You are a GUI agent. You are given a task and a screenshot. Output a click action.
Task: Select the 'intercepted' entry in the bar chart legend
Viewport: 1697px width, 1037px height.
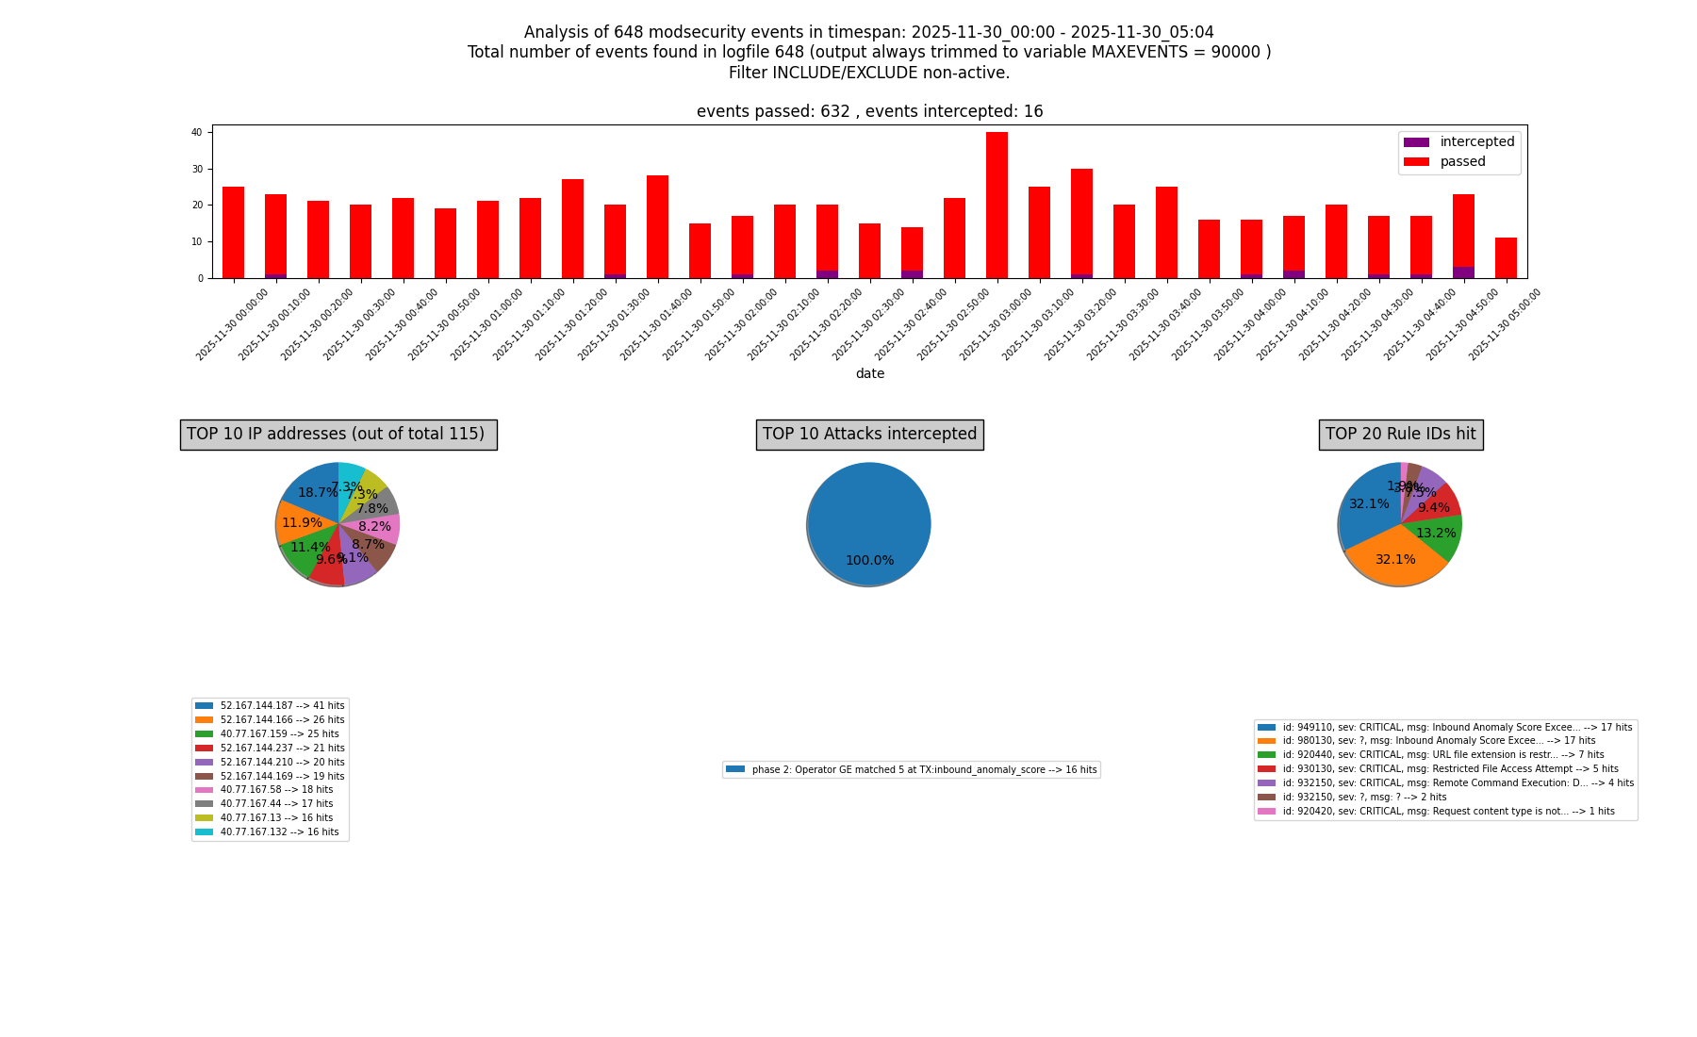pos(1476,142)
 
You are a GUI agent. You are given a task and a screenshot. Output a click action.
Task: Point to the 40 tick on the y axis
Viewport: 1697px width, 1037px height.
pos(197,133)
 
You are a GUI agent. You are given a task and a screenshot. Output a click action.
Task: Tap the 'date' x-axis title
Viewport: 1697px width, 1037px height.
pos(869,374)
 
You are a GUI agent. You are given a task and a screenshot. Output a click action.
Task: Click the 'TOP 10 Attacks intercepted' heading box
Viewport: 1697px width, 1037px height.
pos(869,435)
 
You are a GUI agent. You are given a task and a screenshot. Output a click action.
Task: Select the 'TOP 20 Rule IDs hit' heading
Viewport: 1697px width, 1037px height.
pos(1400,435)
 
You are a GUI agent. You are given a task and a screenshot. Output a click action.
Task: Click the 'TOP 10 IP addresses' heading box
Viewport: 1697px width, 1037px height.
pos(338,435)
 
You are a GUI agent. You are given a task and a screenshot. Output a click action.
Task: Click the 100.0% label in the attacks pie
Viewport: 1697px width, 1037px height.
pos(869,561)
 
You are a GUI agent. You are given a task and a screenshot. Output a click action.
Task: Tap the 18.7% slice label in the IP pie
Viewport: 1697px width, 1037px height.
pos(318,493)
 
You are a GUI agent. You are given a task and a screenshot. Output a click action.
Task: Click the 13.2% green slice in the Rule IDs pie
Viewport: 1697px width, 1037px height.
pos(1436,534)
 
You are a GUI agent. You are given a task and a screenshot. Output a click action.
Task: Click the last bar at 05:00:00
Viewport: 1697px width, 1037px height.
pos(1506,258)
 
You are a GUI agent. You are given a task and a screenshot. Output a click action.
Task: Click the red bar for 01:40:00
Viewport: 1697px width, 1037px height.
pos(657,226)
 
